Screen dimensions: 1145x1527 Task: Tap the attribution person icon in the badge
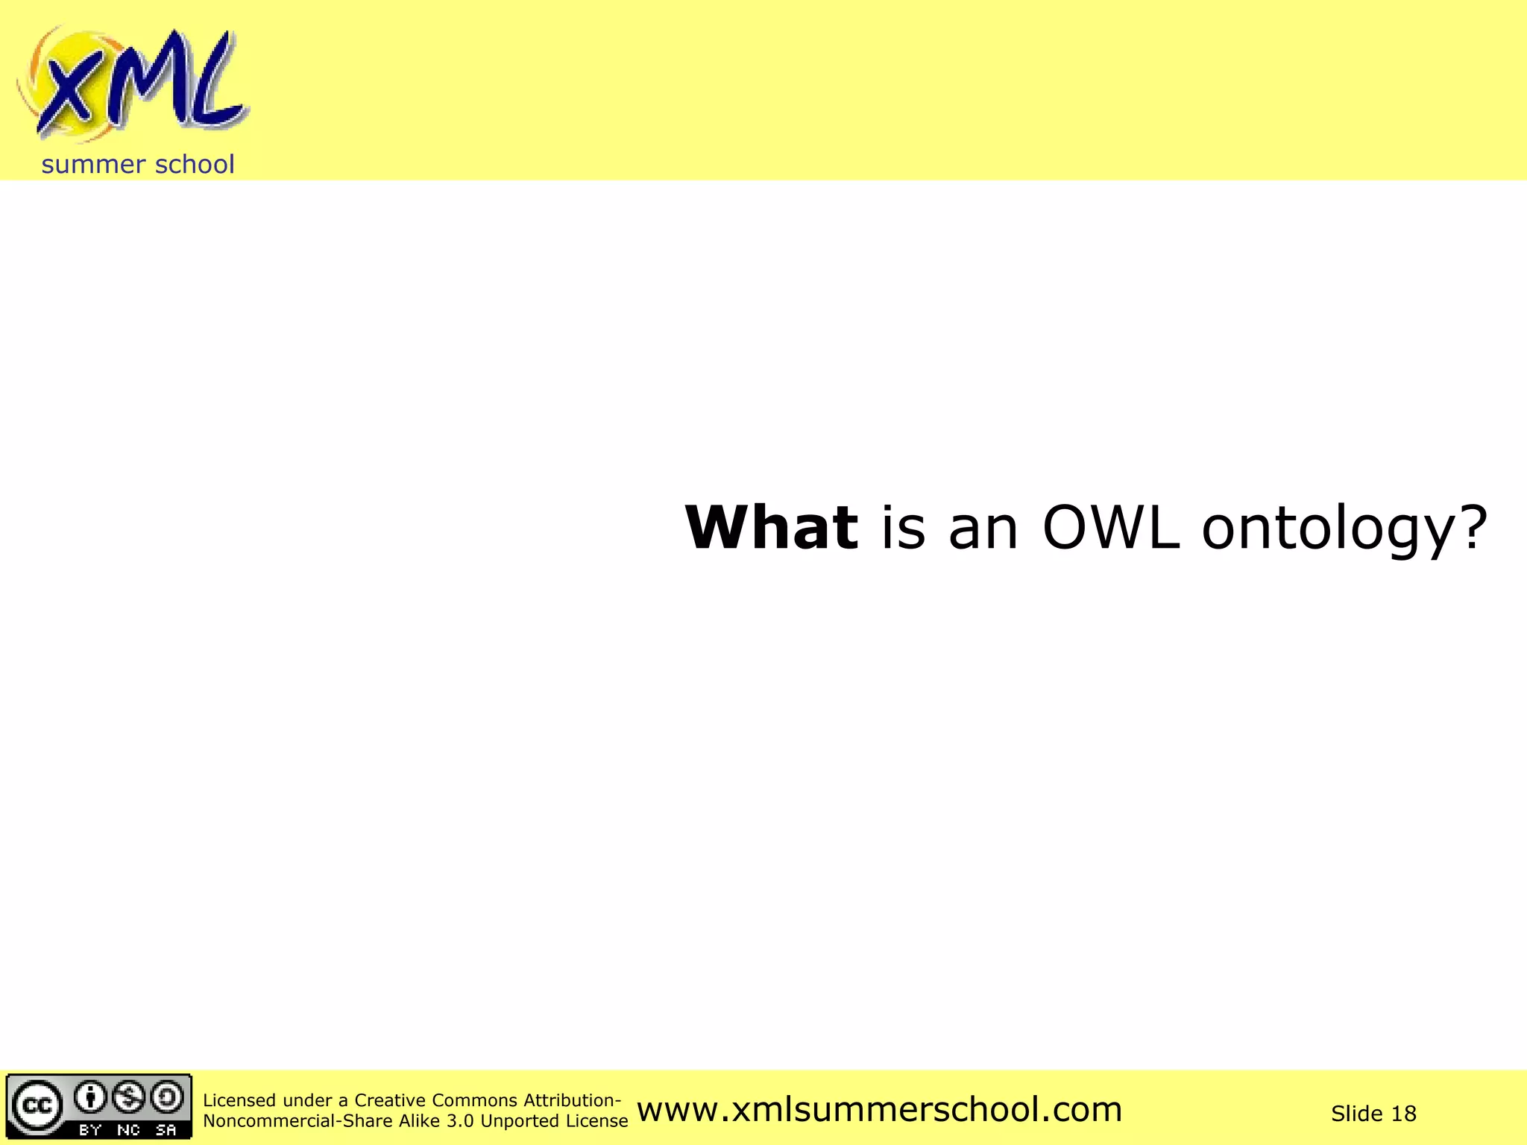pos(91,1097)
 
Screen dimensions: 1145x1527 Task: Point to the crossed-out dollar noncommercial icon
pos(130,1097)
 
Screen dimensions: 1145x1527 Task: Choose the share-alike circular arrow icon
pos(167,1097)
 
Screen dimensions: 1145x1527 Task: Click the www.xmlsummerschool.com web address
pos(880,1110)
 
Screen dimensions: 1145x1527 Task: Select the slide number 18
pos(1403,1114)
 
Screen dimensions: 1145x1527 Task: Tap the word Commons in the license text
pos(474,1100)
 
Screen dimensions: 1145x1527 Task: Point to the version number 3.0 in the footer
pos(460,1121)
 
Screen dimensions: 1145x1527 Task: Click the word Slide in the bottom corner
pos(1356,1114)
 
